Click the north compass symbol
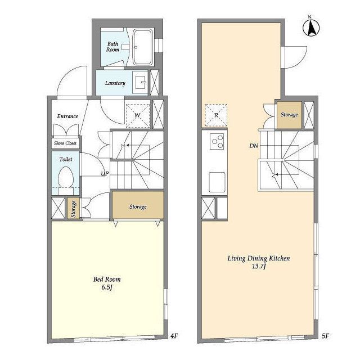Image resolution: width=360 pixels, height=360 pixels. point(311,28)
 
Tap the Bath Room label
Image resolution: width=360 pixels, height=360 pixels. point(112,47)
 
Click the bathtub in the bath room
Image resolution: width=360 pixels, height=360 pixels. point(143,47)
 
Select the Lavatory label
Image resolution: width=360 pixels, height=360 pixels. point(115,83)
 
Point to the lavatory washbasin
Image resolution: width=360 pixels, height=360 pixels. point(140,82)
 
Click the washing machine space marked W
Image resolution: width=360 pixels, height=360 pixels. point(138,116)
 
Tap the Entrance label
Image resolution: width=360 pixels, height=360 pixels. point(67,116)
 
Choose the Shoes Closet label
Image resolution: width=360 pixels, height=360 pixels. point(65,143)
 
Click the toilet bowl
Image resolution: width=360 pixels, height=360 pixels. point(66,177)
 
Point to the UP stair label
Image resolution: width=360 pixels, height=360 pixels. point(105,174)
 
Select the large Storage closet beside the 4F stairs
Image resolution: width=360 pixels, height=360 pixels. point(138,205)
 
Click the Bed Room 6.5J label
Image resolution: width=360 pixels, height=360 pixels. point(107,283)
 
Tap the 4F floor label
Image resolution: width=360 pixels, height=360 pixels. point(174,336)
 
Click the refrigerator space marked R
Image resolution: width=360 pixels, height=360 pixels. point(216,115)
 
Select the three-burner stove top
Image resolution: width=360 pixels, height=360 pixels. point(217,141)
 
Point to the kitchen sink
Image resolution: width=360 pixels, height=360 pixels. point(217,182)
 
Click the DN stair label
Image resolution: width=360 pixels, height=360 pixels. point(254,146)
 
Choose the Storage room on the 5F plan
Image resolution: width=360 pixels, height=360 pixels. point(289,115)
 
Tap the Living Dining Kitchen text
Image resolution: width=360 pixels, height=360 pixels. point(259,259)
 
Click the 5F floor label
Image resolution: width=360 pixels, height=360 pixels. point(325,336)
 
